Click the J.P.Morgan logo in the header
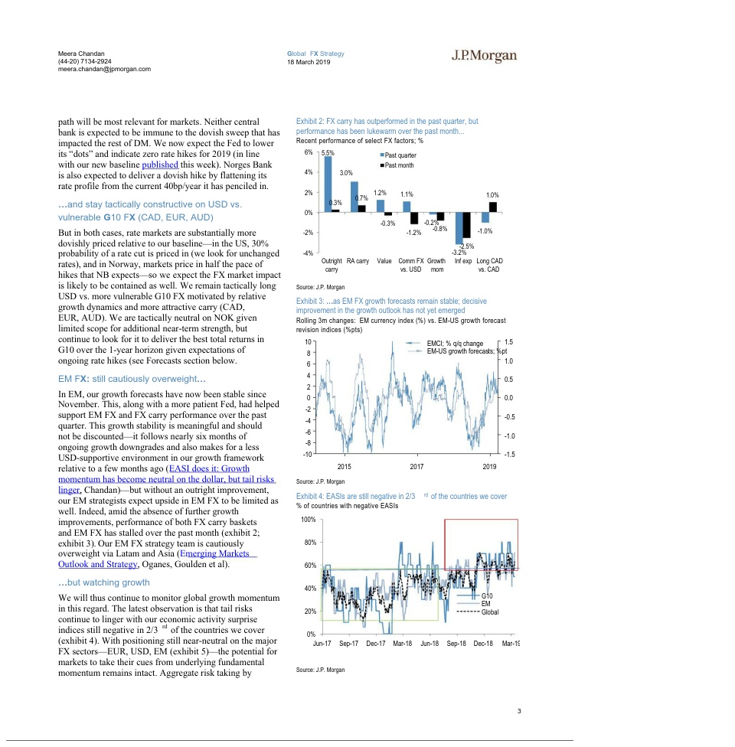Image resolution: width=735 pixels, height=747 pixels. tap(483, 56)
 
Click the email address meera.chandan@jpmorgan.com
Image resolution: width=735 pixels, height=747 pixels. tap(104, 69)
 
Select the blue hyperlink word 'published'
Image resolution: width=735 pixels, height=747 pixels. tap(159, 165)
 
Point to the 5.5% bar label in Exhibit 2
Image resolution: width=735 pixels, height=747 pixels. tap(328, 154)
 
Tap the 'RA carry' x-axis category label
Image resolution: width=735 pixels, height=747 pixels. tap(358, 261)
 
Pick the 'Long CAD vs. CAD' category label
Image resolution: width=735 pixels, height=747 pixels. tap(490, 265)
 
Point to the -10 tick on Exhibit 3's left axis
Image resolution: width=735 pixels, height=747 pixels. tap(307, 455)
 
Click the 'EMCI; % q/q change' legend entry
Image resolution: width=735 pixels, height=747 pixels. tap(454, 343)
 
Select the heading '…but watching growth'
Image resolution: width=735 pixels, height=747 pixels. tap(104, 582)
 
